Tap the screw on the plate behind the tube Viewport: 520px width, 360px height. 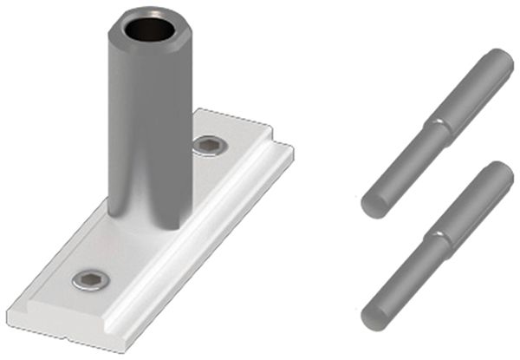(208, 144)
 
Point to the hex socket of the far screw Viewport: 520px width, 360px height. (208, 144)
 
